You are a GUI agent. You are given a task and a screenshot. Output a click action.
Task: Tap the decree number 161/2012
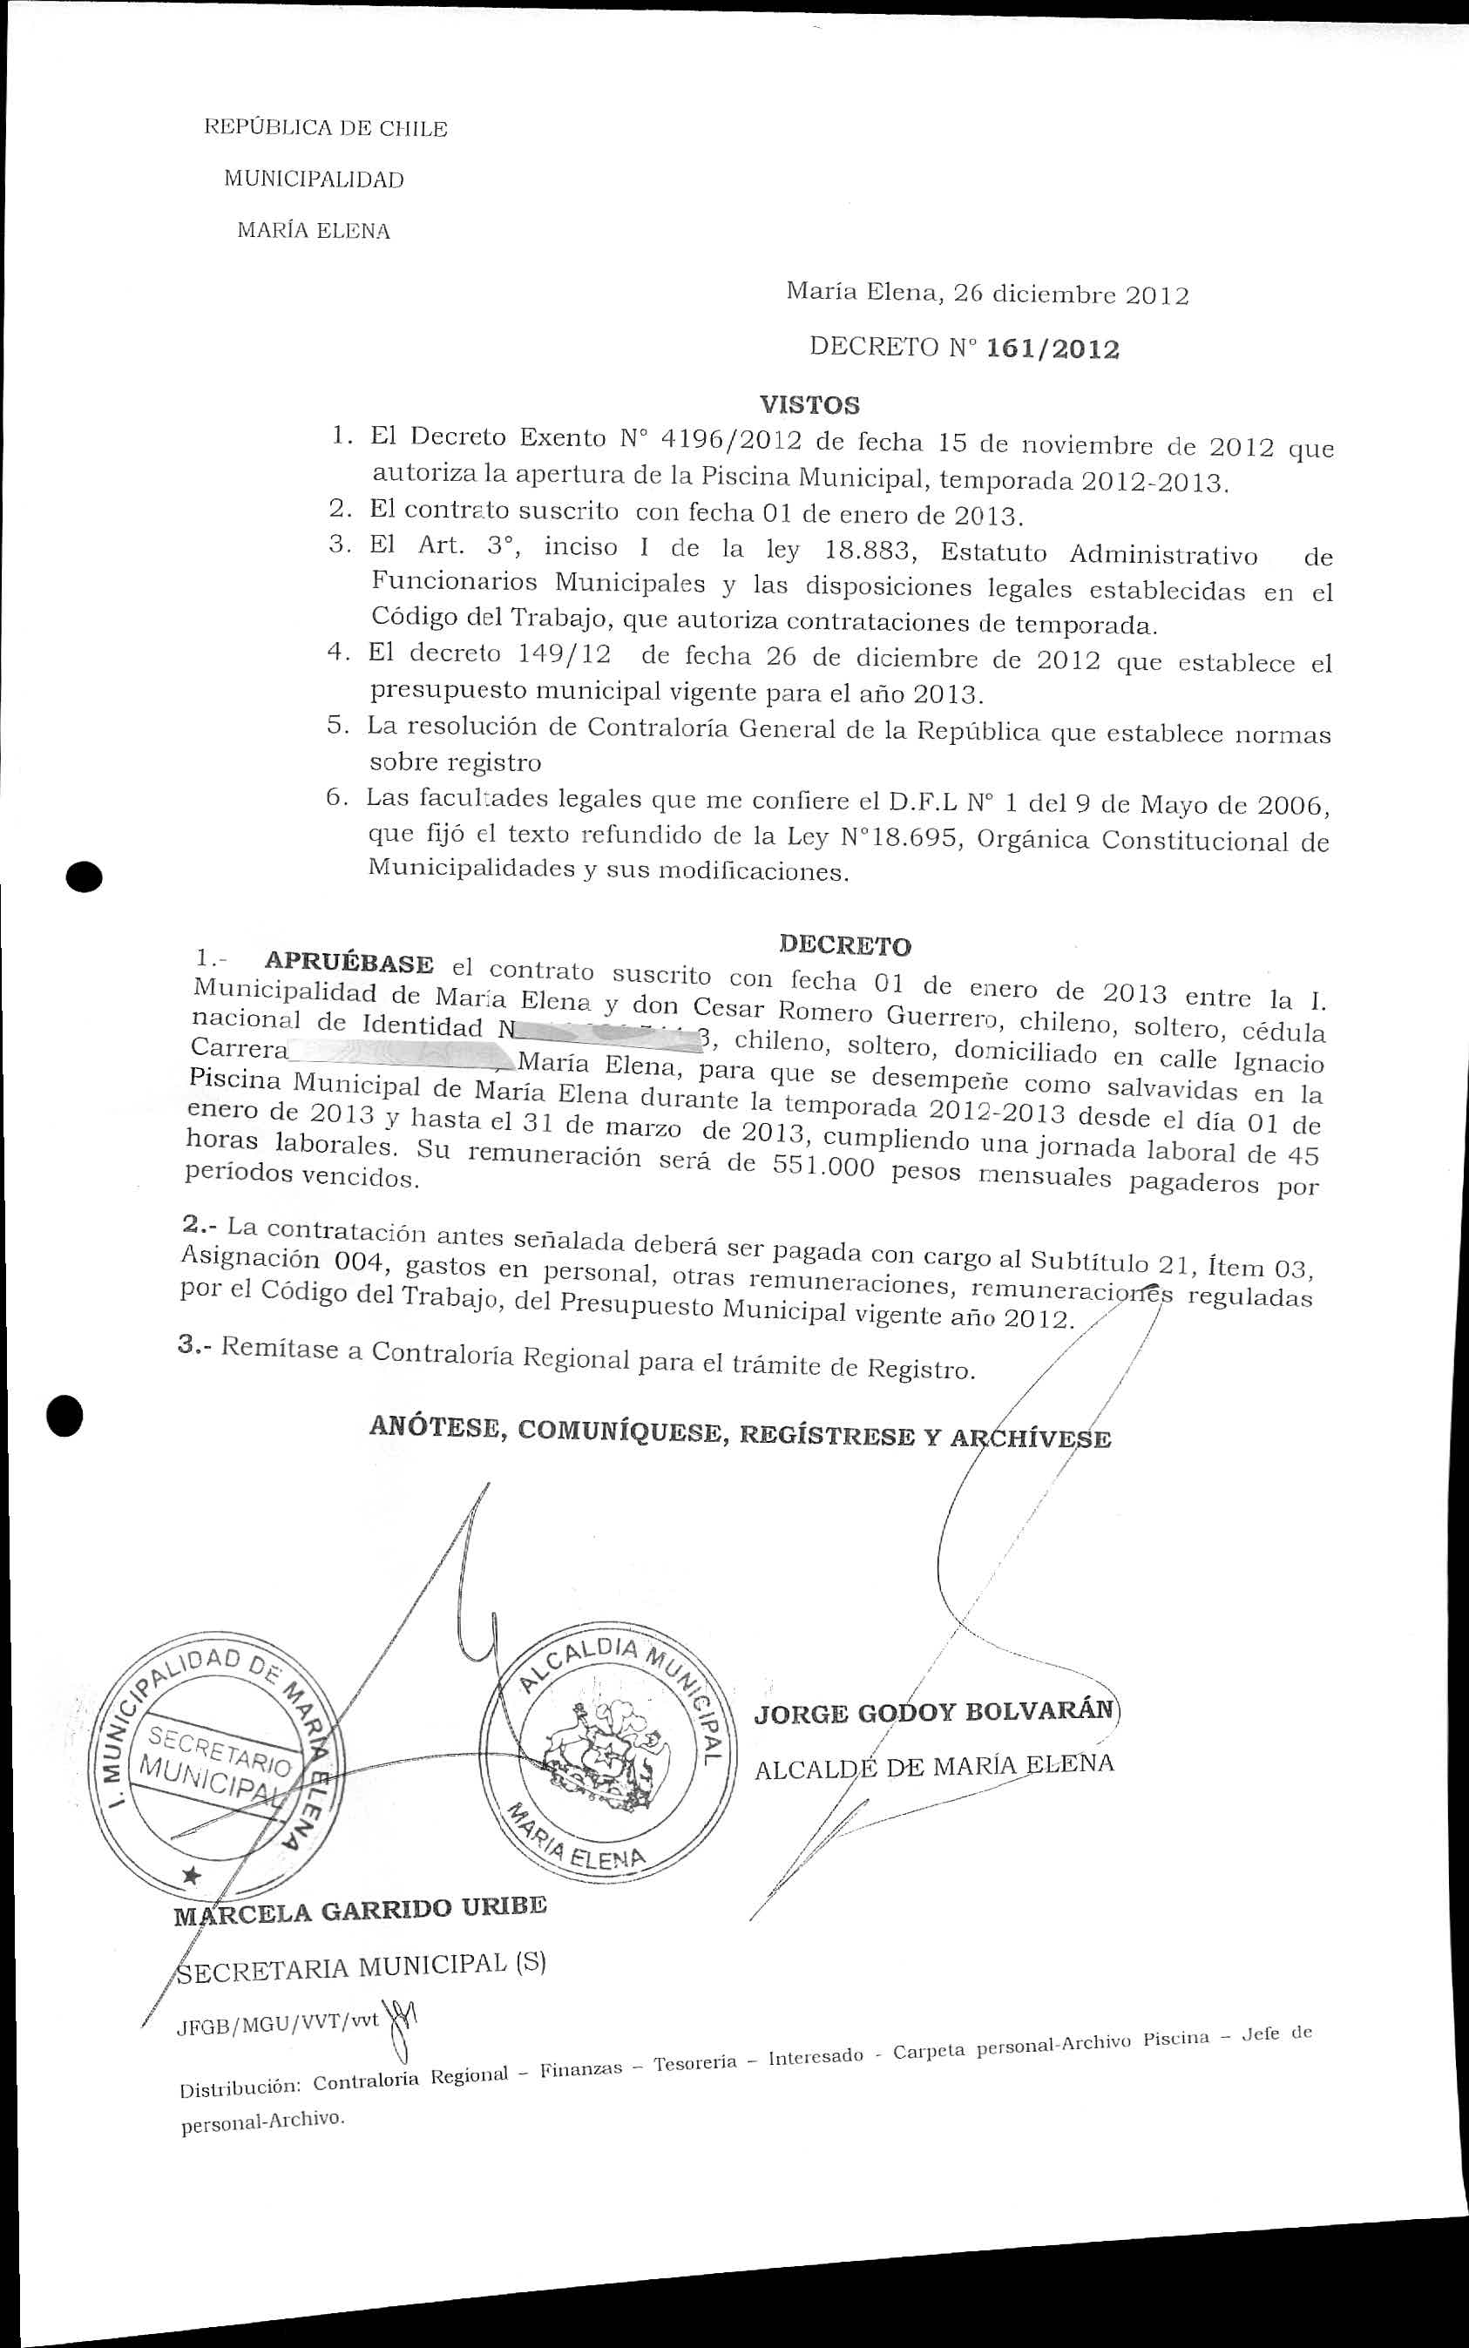(1053, 349)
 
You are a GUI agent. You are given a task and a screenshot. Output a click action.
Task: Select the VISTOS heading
(809, 404)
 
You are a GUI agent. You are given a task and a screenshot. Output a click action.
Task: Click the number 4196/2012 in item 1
(731, 439)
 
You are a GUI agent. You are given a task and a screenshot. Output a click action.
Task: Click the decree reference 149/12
(565, 653)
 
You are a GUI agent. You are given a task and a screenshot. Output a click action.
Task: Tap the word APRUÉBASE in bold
(349, 963)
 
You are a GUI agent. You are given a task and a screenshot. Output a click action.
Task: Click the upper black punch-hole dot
(86, 876)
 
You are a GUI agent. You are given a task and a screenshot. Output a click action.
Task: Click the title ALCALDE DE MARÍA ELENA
(934, 1765)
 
